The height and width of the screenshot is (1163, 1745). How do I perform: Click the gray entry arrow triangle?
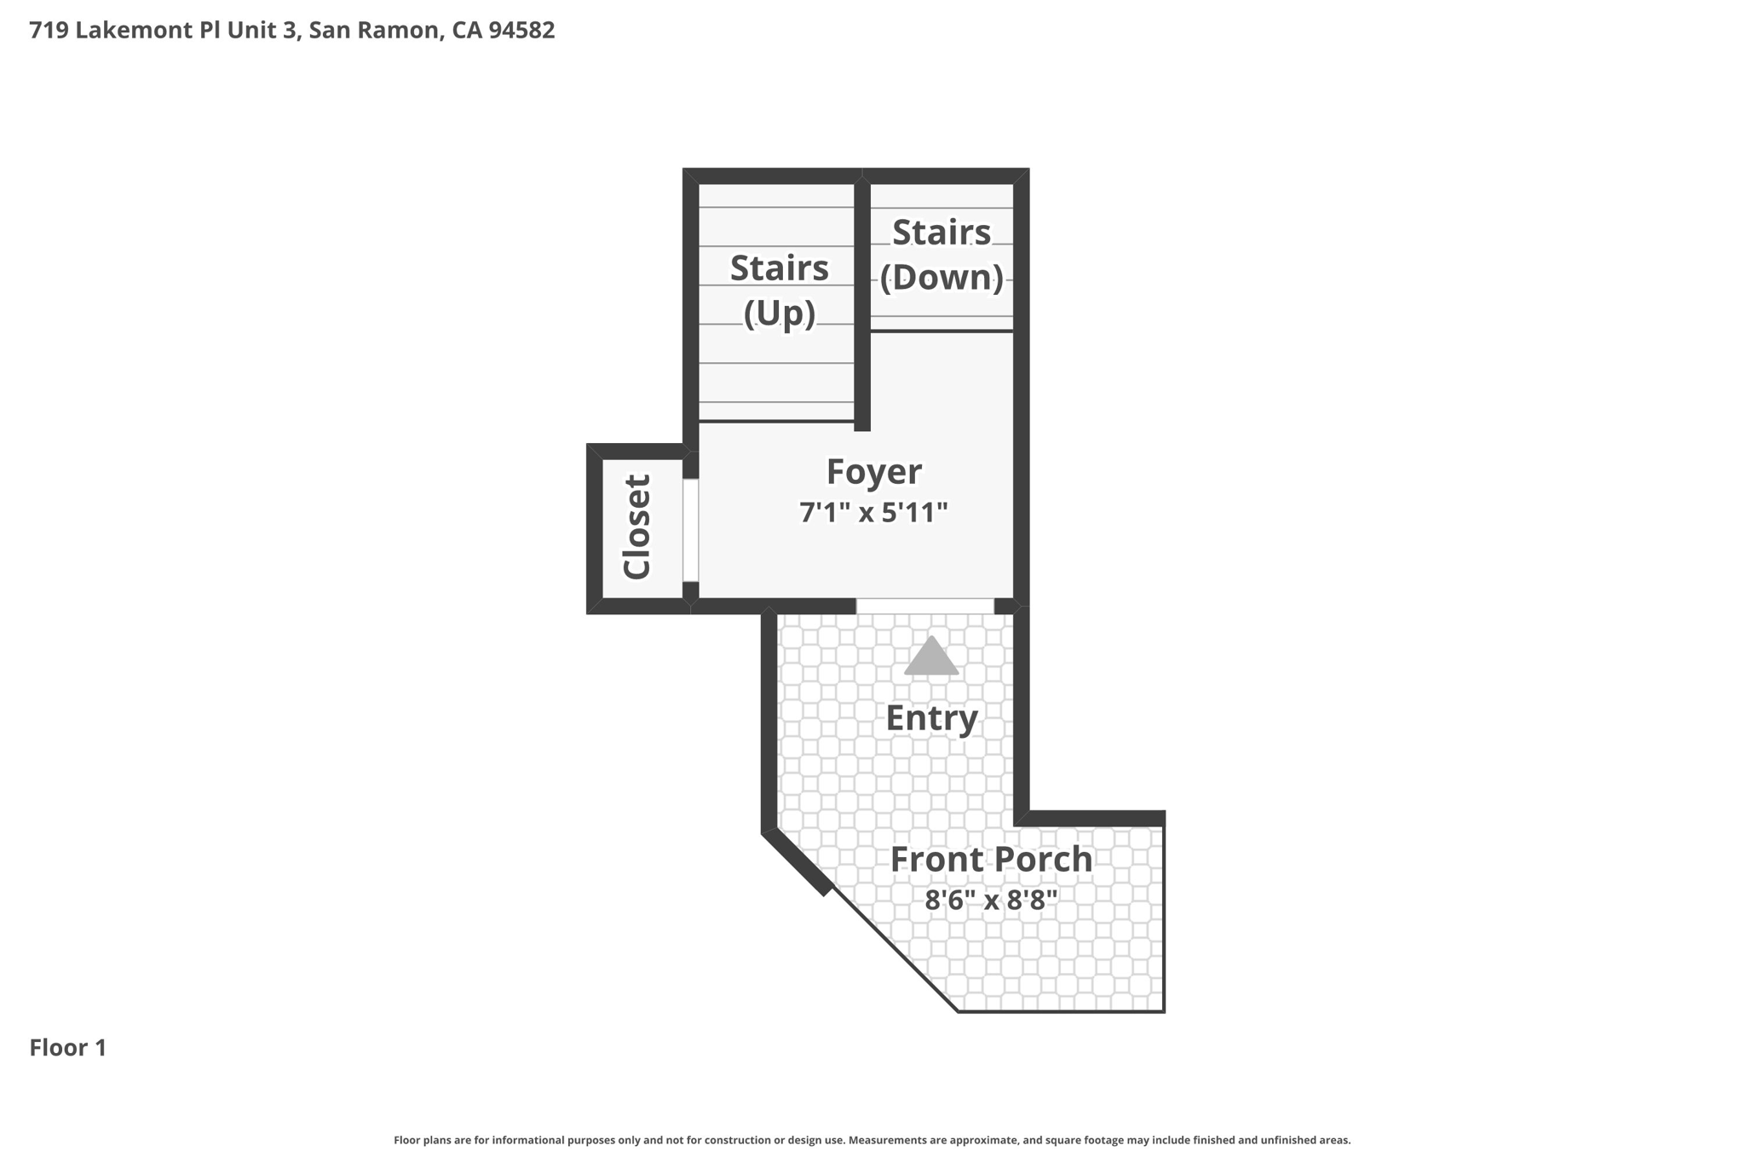pyautogui.click(x=931, y=657)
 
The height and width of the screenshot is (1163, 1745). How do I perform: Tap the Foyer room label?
pyautogui.click(x=873, y=471)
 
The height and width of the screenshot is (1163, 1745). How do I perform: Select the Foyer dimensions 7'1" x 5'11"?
pyautogui.click(x=873, y=512)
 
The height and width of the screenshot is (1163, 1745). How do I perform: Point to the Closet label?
pyautogui.click(x=636, y=527)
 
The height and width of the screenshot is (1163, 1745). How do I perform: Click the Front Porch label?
pyautogui.click(x=991, y=859)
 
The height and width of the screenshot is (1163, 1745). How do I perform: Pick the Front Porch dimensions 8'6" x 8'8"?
pyautogui.click(x=991, y=900)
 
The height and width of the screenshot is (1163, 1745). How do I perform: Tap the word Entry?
pyautogui.click(x=931, y=717)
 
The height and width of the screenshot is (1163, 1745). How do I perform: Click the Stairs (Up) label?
pyautogui.click(x=779, y=290)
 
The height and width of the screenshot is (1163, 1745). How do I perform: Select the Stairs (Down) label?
pyautogui.click(x=941, y=254)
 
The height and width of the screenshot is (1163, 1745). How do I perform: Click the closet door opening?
pyautogui.click(x=690, y=530)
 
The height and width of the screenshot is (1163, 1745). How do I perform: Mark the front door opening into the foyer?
pyautogui.click(x=924, y=606)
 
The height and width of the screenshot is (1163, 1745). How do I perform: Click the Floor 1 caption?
pyautogui.click(x=68, y=1047)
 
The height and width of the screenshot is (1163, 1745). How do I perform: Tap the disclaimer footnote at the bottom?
pyautogui.click(x=872, y=1140)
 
